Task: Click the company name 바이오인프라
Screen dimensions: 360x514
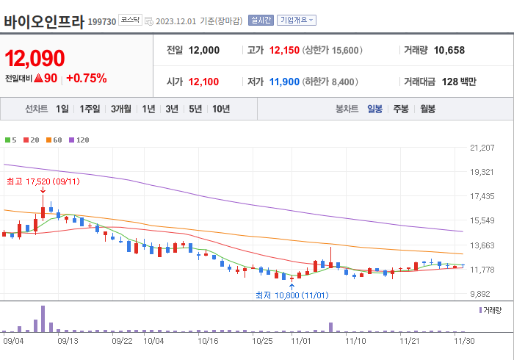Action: [x=44, y=21]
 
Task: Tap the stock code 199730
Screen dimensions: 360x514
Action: [x=102, y=22]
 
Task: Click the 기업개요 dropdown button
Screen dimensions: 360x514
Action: [x=297, y=20]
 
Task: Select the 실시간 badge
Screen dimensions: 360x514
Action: [x=261, y=20]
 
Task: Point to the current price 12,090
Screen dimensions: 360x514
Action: [x=35, y=58]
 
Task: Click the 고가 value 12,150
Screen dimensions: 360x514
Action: [x=285, y=51]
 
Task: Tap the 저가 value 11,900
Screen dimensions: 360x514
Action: [x=285, y=82]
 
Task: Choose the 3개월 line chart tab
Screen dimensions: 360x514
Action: [x=121, y=109]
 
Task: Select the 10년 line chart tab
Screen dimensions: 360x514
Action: [x=220, y=109]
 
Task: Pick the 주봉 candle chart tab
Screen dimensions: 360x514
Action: [x=400, y=109]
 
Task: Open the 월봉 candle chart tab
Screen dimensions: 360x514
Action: [x=427, y=109]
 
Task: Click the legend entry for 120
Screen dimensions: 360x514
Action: [x=80, y=140]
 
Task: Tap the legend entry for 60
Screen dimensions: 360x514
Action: [x=56, y=140]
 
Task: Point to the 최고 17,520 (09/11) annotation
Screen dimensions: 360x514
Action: [x=43, y=181]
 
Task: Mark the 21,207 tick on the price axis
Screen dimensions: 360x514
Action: [x=482, y=148]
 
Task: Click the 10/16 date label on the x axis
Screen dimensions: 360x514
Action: [x=209, y=341]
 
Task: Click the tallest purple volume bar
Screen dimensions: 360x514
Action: [x=43, y=319]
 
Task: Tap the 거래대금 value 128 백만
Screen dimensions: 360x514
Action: [x=459, y=82]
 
